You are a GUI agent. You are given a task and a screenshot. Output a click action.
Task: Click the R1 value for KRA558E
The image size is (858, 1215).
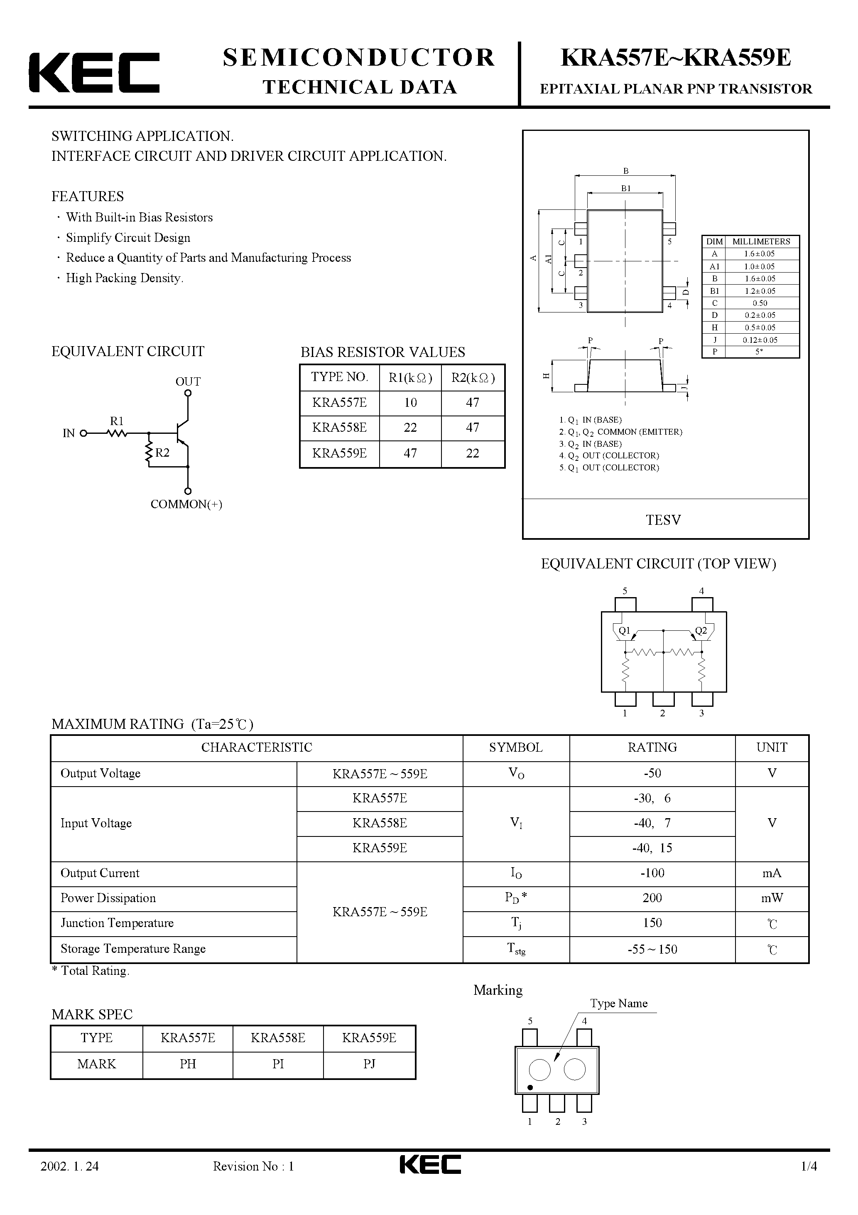click(x=410, y=428)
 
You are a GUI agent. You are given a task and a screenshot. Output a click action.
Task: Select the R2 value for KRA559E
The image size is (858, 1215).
click(x=472, y=453)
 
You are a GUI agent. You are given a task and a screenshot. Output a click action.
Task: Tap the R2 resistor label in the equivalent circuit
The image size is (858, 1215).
click(x=162, y=453)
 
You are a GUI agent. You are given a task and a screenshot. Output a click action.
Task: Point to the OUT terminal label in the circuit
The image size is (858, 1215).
click(x=188, y=381)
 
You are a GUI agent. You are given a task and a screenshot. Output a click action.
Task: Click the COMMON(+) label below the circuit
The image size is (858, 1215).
click(x=186, y=504)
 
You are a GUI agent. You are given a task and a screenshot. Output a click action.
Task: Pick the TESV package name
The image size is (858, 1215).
click(x=663, y=520)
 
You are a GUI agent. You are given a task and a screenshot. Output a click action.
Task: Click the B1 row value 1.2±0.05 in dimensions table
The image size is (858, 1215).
click(x=760, y=291)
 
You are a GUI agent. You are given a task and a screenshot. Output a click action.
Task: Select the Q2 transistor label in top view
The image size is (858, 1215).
click(x=701, y=630)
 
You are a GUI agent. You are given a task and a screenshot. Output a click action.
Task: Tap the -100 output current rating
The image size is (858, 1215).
click(x=652, y=873)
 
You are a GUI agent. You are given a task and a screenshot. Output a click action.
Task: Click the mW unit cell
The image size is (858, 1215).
click(x=772, y=898)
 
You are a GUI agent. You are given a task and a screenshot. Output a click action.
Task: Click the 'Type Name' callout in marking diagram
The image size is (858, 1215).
click(x=618, y=1003)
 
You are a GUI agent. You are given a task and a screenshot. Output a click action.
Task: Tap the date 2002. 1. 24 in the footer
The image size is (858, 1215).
click(x=70, y=1181)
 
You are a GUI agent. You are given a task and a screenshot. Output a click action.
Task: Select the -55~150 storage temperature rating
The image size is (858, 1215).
click(x=652, y=949)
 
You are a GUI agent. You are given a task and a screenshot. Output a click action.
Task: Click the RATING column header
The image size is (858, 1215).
click(x=652, y=747)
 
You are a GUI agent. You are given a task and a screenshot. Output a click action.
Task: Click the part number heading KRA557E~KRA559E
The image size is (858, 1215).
click(x=676, y=58)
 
